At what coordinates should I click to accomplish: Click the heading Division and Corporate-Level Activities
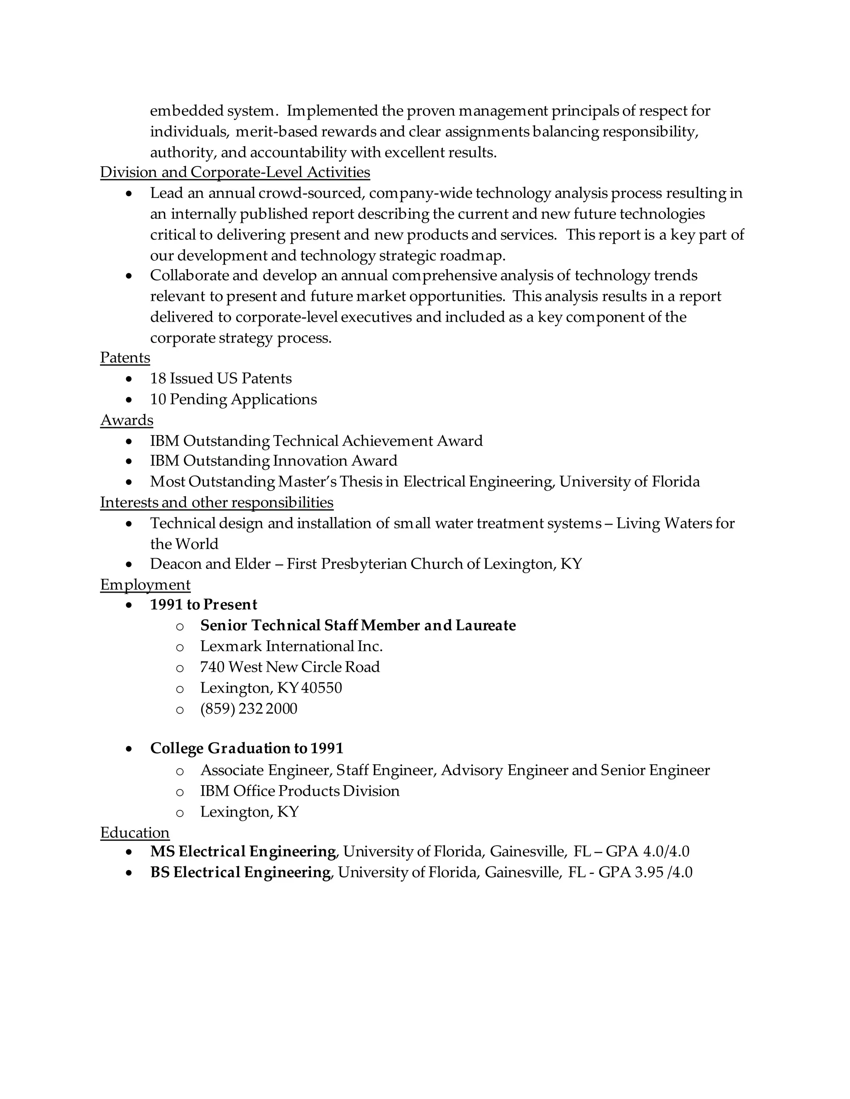tap(234, 173)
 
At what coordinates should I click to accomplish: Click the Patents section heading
tap(125, 358)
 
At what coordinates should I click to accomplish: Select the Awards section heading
tap(127, 420)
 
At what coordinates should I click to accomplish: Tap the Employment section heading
tap(145, 585)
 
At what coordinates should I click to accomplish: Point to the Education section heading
tap(134, 833)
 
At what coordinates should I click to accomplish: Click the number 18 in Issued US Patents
tap(158, 378)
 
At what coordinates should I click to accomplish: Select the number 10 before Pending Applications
tap(158, 399)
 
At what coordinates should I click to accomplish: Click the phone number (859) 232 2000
tap(249, 709)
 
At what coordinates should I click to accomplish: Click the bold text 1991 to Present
tap(203, 605)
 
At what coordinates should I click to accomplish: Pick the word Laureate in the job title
tap(486, 625)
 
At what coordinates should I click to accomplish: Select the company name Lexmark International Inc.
tap(291, 647)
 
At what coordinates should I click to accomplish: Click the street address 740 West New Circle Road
tap(290, 667)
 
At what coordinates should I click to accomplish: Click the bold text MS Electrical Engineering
tap(243, 851)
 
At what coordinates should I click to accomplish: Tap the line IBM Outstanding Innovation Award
tap(274, 461)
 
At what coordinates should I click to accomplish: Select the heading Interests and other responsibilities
tap(217, 503)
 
